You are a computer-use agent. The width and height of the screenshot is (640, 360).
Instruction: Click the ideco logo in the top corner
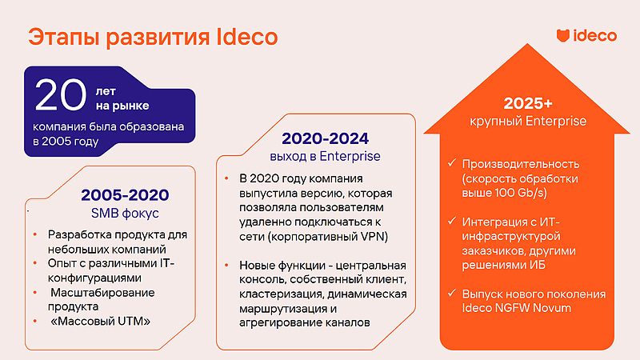tap(586, 36)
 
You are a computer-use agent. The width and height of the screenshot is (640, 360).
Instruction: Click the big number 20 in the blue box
tap(60, 95)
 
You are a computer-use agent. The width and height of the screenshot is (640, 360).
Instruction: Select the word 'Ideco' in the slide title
tap(248, 37)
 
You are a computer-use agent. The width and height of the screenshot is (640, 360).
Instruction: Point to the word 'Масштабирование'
tap(102, 293)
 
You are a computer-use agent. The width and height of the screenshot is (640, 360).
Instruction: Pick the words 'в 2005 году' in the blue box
tap(66, 142)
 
